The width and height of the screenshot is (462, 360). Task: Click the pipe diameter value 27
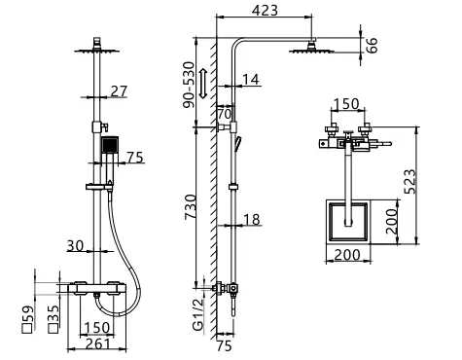point(119,93)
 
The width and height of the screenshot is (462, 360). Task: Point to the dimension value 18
point(252,221)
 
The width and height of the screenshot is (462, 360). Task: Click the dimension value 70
point(223,114)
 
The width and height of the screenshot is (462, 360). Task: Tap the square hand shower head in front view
point(109,147)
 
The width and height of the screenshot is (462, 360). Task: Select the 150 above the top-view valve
point(345,105)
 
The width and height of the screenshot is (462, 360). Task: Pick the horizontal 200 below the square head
point(346,256)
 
